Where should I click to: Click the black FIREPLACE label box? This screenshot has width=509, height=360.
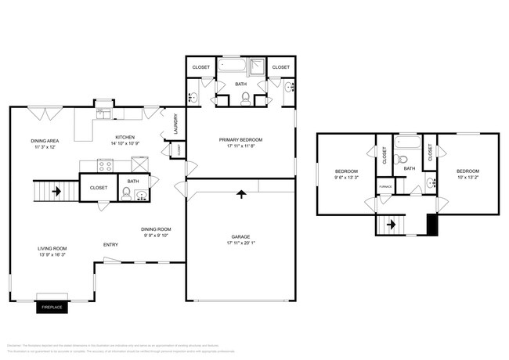tap(52, 308)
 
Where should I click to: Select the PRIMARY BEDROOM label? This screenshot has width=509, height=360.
tap(240, 140)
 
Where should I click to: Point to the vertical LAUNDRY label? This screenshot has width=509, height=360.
tap(176, 123)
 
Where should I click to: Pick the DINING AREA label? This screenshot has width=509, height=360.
tap(45, 141)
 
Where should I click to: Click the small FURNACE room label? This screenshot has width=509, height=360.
tap(385, 187)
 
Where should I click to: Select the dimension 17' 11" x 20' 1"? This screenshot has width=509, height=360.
tap(240, 242)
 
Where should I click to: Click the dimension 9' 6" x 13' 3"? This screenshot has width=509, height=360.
tap(346, 177)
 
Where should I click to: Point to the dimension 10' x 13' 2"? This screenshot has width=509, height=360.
tap(467, 177)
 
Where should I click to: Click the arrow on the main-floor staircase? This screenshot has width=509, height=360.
tap(56, 189)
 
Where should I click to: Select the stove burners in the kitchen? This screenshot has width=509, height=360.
tap(106, 164)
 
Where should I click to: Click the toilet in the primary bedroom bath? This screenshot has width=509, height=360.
tap(245, 98)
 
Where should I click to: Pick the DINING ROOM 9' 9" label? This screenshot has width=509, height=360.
tap(154, 232)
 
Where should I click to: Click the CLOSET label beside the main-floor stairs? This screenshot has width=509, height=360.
tap(99, 188)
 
